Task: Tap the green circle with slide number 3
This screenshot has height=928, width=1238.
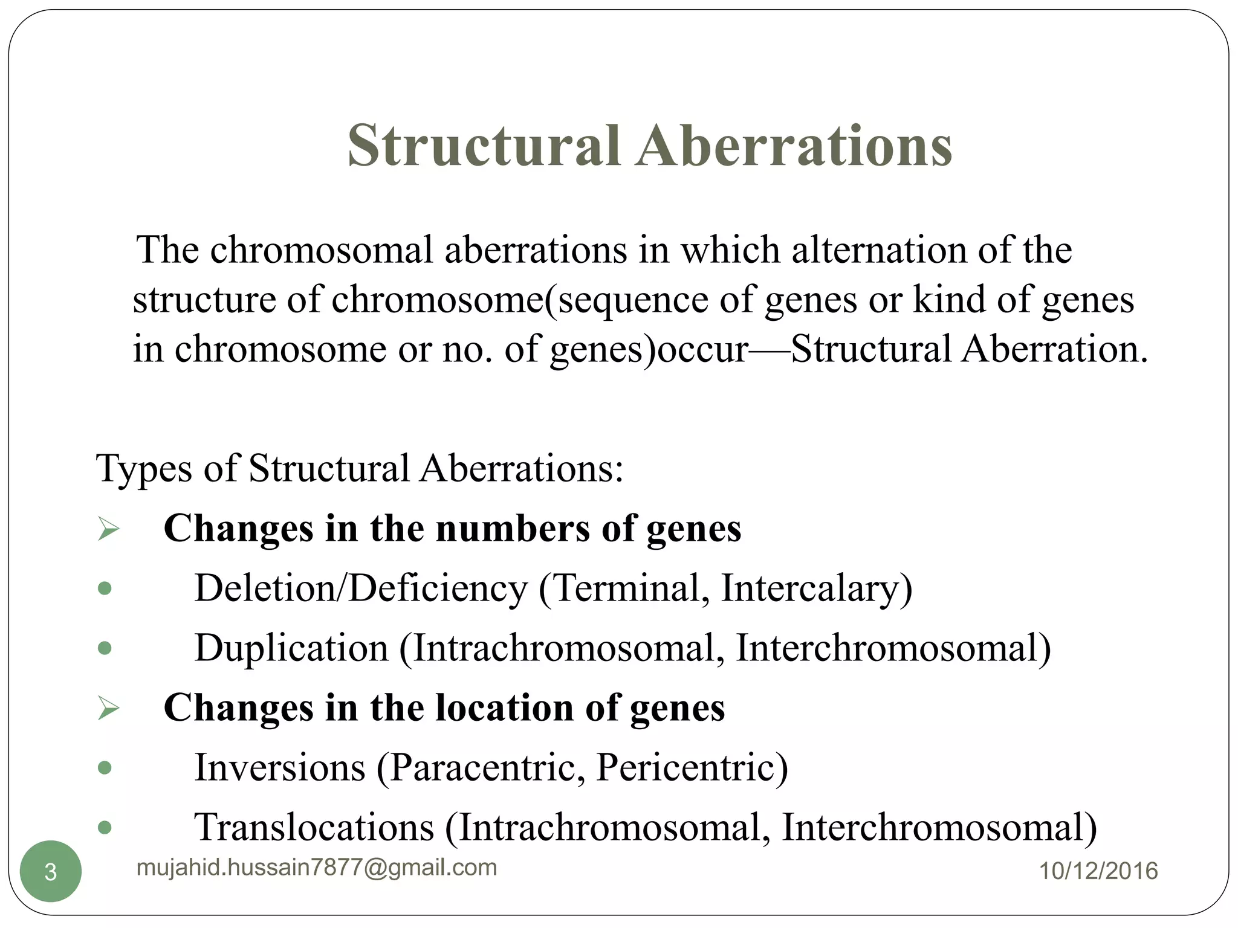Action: tap(51, 871)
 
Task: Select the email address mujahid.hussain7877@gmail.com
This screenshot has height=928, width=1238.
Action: tap(317, 868)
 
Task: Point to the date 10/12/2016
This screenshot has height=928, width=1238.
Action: tap(1098, 871)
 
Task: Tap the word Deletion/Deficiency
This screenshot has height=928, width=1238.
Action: tap(361, 588)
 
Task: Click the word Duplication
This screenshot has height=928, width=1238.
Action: tap(291, 648)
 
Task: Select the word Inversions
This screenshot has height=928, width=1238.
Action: tap(280, 767)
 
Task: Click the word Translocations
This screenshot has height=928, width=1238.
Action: tap(314, 827)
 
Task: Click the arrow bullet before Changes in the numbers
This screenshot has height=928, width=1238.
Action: tap(108, 529)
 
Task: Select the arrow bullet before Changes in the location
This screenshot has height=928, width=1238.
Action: tap(108, 708)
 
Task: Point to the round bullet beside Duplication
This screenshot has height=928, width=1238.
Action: tap(105, 648)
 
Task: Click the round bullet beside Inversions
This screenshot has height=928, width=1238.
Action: tap(105, 768)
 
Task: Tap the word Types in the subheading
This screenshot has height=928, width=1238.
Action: tap(143, 468)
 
